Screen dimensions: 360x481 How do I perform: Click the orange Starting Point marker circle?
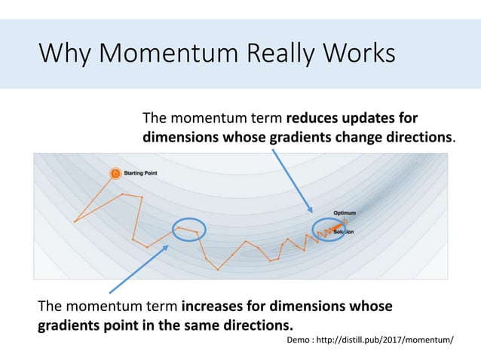click(115, 173)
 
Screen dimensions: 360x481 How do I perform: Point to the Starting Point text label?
click(141, 173)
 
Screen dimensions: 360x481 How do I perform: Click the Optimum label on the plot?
click(345, 213)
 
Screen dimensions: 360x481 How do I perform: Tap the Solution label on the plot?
click(345, 232)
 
